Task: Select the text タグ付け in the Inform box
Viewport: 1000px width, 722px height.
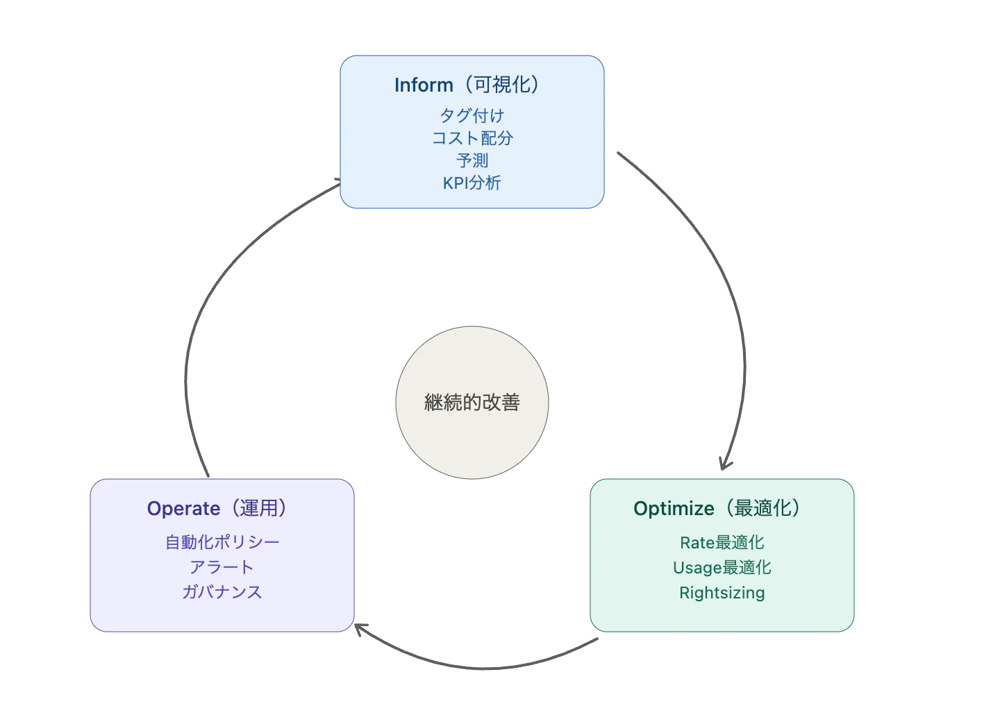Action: (472, 115)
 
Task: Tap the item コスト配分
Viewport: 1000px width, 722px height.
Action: (472, 138)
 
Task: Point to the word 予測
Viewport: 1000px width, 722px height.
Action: (472, 160)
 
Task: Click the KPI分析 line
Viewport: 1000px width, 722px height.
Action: (472, 183)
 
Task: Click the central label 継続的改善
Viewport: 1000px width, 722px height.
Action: (472, 402)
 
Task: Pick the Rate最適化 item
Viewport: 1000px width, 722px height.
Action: (722, 543)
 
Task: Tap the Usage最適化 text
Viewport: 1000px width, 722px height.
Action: (722, 568)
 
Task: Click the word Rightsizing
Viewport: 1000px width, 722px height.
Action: (722, 593)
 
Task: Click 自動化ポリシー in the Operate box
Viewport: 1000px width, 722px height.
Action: (222, 542)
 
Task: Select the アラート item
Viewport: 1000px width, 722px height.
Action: (222, 567)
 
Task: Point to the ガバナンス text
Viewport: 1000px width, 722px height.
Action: (222, 592)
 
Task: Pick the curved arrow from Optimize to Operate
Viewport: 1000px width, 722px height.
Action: (482, 668)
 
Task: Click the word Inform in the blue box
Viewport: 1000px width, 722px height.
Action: (424, 85)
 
